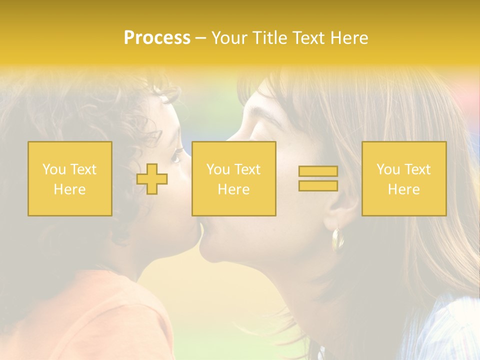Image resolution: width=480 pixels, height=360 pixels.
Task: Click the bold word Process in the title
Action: [x=157, y=38]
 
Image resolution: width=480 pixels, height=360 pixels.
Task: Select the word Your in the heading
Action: [x=230, y=38]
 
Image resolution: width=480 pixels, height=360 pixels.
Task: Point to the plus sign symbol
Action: [x=152, y=179]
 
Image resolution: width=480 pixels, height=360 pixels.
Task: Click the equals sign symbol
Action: [x=318, y=178]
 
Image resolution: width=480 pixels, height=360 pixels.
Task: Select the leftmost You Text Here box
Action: [x=70, y=179]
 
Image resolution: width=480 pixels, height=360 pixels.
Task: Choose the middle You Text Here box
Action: [x=233, y=179]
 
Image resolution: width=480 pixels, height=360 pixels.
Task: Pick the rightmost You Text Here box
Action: [x=404, y=179]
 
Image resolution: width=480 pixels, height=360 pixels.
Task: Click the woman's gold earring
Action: [x=338, y=238]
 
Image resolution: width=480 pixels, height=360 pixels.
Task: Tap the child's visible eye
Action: [x=176, y=158]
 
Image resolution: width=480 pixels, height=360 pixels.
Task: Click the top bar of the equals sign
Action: [x=318, y=171]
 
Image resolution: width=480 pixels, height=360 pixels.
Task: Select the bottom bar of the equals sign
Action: [x=318, y=185]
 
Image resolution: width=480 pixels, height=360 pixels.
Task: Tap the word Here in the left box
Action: [x=70, y=189]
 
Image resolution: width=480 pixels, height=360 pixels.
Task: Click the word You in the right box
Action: [x=388, y=169]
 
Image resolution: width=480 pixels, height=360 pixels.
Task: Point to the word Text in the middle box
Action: [x=247, y=169]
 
